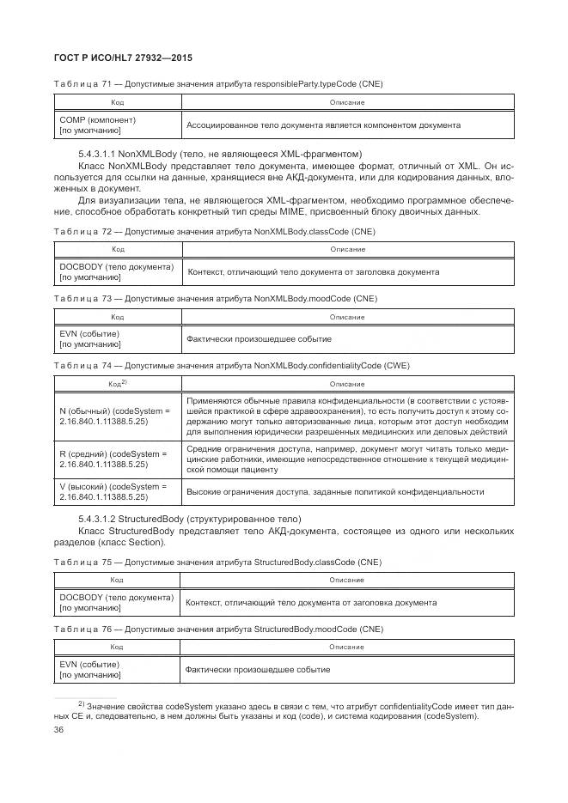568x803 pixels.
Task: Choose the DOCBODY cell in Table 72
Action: click(117, 271)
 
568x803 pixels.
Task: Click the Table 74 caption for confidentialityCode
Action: click(232, 365)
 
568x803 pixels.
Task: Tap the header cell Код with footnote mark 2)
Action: click(118, 383)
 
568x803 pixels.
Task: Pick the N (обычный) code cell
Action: click(117, 417)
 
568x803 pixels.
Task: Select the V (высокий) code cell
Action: click(116, 491)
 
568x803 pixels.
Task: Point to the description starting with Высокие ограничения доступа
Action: click(346, 491)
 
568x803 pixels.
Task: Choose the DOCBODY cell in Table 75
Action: click(117, 602)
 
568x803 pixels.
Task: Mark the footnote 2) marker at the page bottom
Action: click(82, 703)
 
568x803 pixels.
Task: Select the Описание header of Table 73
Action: click(346, 316)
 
